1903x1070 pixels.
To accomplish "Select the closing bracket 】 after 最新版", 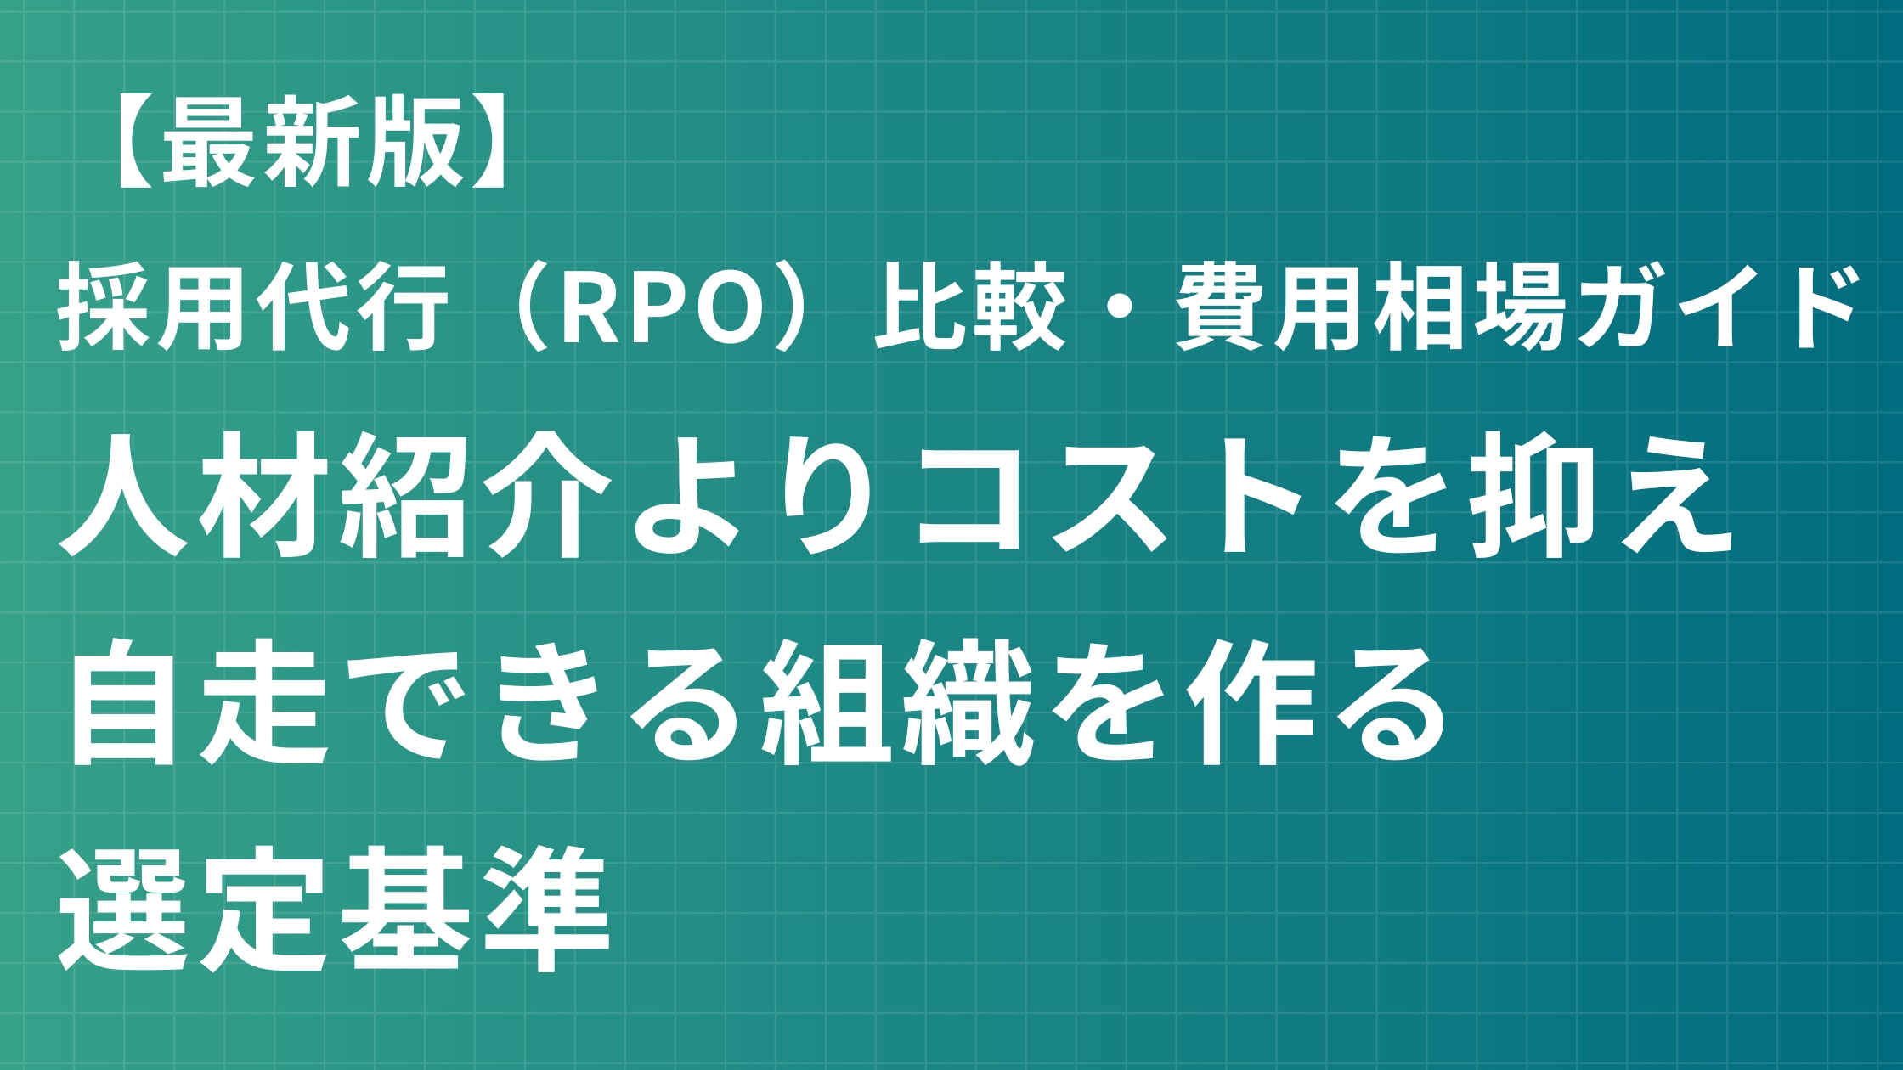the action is pos(490,141).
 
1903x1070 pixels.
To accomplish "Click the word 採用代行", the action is pos(253,307).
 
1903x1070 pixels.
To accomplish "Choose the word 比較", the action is pos(970,307).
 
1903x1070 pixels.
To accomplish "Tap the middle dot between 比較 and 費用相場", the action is pos(1121,307).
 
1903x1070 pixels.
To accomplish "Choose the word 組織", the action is pos(896,704).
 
